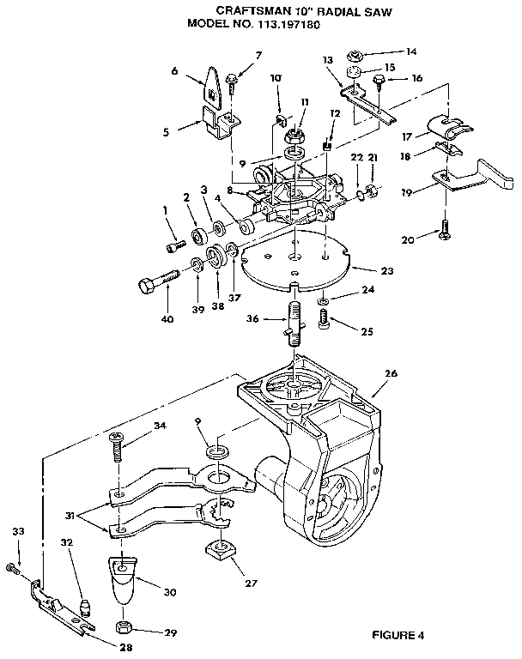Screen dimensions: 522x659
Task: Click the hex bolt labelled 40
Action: [159, 281]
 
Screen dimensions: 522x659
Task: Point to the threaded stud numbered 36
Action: [294, 323]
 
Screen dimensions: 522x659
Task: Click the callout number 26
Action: [391, 373]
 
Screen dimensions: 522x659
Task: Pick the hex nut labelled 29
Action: [124, 628]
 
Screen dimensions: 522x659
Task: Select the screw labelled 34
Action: [116, 447]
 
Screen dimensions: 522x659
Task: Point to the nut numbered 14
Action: [355, 55]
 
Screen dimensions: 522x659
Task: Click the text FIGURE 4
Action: [398, 635]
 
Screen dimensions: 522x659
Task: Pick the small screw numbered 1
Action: [176, 245]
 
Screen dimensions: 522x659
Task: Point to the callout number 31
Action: [70, 515]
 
